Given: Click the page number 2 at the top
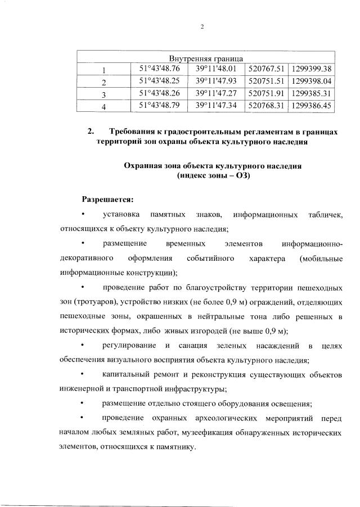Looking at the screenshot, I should [x=202, y=27].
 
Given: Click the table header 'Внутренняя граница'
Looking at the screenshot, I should [x=206, y=58].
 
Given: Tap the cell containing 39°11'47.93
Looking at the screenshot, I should [x=217, y=82].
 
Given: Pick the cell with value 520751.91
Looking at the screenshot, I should [x=267, y=93].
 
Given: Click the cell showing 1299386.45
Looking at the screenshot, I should [x=312, y=105].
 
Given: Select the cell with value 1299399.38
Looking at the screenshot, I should [x=312, y=70].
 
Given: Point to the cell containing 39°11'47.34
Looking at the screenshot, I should [x=217, y=105].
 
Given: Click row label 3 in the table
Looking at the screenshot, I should [x=103, y=94].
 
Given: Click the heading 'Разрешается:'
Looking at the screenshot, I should [x=108, y=199].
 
